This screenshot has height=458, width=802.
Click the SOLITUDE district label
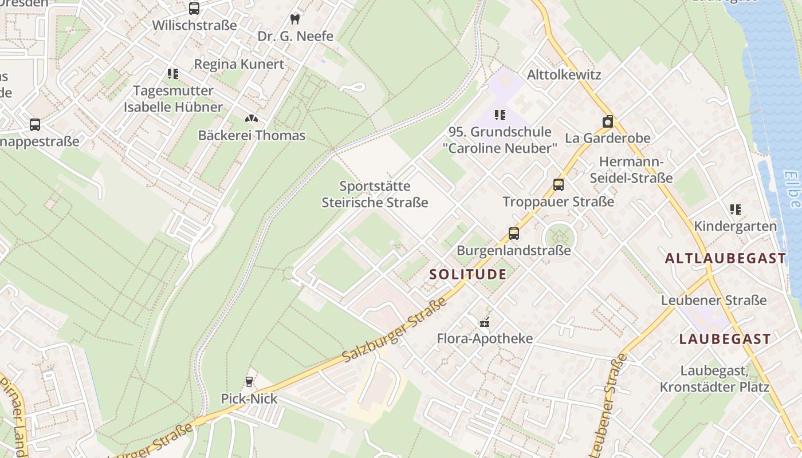[468, 274]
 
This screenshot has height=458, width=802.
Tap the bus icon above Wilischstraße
[194, 9]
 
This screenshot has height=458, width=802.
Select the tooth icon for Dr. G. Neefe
[295, 19]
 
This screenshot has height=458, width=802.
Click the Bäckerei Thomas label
[251, 136]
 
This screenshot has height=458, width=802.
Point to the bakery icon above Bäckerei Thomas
[251, 119]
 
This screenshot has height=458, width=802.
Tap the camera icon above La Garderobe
[608, 121]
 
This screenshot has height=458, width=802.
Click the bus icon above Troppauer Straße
[559, 185]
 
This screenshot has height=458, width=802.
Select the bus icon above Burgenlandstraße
[514, 234]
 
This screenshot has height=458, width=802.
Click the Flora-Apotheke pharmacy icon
[485, 322]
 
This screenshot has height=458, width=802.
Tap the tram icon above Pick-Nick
[249, 381]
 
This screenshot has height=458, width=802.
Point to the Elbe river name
[793, 189]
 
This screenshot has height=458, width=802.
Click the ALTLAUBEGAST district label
[725, 258]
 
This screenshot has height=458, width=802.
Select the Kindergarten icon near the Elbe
[736, 210]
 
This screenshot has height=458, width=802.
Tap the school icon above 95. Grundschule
[500, 115]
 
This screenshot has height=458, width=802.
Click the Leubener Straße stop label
[713, 301]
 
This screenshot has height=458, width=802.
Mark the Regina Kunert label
[239, 64]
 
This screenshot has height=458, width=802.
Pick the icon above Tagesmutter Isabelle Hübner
[173, 73]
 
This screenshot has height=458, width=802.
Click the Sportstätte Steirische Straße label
[375, 194]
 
